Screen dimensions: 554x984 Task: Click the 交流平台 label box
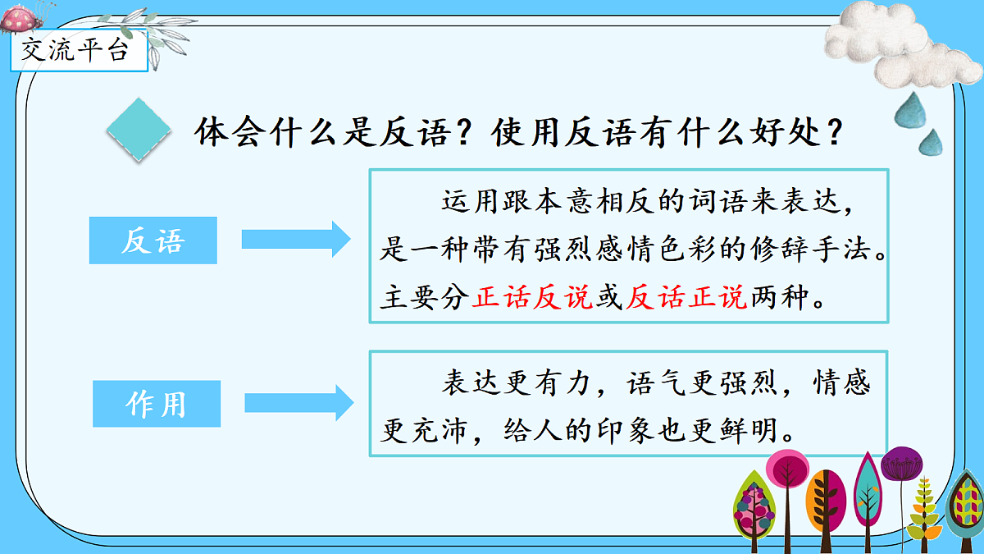click(75, 52)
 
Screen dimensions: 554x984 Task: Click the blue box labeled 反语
click(153, 240)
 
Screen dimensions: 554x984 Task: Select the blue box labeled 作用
click(157, 404)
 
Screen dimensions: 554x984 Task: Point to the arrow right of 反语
click(296, 239)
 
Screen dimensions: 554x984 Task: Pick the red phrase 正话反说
click(532, 298)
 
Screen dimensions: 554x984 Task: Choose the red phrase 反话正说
click(686, 298)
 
